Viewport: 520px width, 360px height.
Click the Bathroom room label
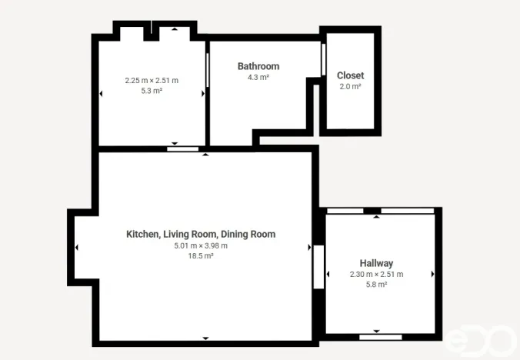point(258,66)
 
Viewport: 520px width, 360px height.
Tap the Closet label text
point(350,75)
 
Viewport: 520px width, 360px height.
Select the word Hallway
point(376,262)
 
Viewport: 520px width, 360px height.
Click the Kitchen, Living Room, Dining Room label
point(200,234)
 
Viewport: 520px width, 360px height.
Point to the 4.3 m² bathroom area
point(258,78)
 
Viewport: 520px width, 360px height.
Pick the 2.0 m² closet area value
point(350,87)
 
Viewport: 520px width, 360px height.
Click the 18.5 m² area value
point(200,256)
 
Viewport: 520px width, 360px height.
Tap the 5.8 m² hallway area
point(376,285)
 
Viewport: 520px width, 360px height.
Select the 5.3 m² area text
point(152,91)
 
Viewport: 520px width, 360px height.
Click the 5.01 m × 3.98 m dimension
point(200,245)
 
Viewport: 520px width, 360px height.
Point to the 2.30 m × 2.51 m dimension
point(376,274)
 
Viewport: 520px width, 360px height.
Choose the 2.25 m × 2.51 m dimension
point(152,80)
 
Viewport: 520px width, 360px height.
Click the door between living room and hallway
point(318,266)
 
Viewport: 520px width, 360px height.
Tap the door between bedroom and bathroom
point(208,71)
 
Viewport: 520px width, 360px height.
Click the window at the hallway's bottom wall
point(380,337)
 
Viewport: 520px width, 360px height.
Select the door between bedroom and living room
point(182,148)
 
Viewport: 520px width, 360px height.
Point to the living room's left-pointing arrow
point(77,247)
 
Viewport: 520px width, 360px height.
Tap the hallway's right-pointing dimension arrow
point(433,274)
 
